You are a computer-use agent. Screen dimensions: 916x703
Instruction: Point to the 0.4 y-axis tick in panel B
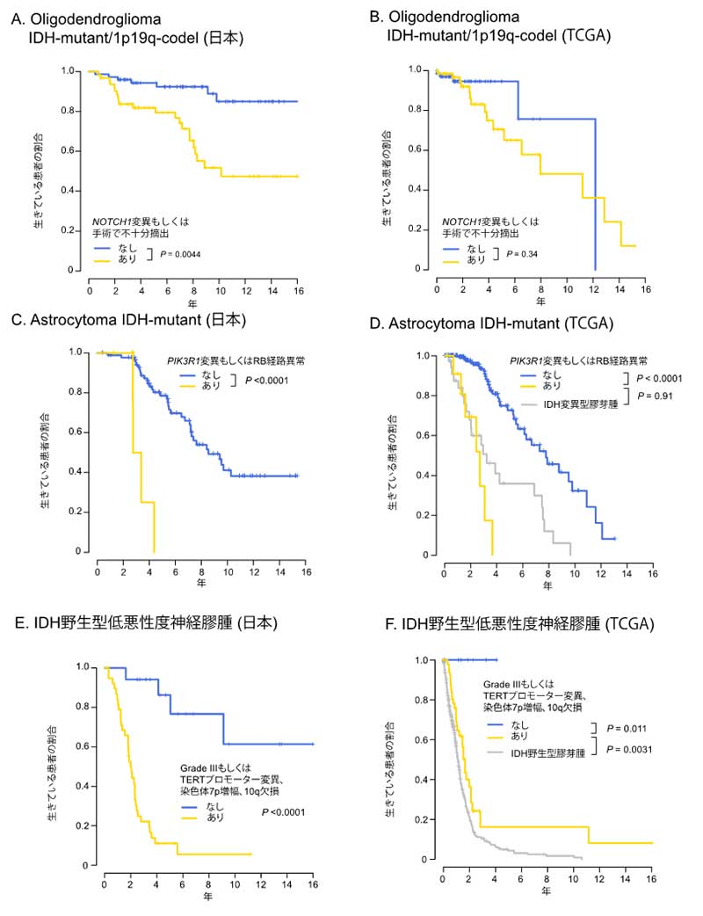point(423,189)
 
